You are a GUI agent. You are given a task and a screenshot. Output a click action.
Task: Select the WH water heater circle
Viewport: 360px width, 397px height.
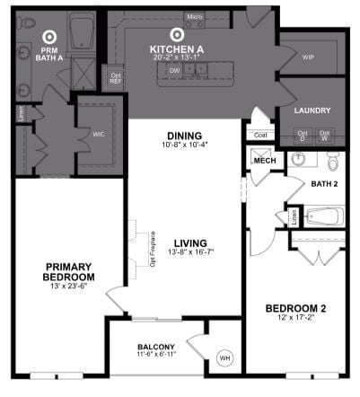pyautogui.click(x=224, y=360)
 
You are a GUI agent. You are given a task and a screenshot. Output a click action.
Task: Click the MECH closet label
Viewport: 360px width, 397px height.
pyautogui.click(x=265, y=161)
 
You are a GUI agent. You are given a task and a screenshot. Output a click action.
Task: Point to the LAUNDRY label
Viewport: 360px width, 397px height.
pyautogui.click(x=312, y=110)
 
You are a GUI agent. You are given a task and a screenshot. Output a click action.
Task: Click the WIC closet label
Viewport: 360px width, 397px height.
pyautogui.click(x=99, y=135)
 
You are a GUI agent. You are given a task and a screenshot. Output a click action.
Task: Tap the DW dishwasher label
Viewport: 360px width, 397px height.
pyautogui.click(x=175, y=69)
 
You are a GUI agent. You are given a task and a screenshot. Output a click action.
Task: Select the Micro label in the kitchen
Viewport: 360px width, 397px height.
pyautogui.click(x=194, y=17)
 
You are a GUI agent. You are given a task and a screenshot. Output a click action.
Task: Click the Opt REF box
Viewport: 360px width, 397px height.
pyautogui.click(x=115, y=77)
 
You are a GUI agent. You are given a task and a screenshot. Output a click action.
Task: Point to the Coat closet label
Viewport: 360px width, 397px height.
pyautogui.click(x=260, y=135)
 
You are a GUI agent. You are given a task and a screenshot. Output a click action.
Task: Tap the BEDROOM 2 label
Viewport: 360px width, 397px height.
pyautogui.click(x=296, y=309)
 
